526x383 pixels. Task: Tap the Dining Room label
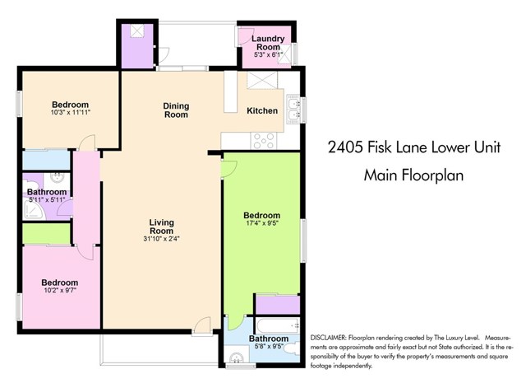pyautogui.click(x=176, y=110)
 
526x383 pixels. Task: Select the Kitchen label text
pyautogui.click(x=262, y=111)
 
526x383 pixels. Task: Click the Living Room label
pyautogui.click(x=164, y=227)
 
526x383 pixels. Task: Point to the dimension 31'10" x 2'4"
pyautogui.click(x=164, y=240)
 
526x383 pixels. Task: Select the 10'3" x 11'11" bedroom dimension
pyautogui.click(x=70, y=114)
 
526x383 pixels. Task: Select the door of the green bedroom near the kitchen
pyautogui.click(x=230, y=168)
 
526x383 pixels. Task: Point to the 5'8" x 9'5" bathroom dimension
pyautogui.click(x=268, y=348)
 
